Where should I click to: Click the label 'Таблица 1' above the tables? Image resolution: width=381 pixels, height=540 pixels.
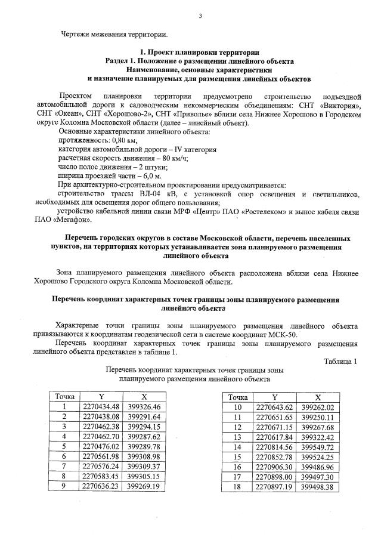coord(340,361)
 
